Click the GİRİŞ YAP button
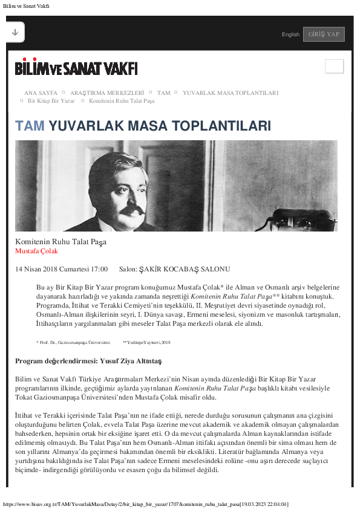click(324, 34)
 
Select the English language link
click(290, 34)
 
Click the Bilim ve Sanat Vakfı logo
click(76, 68)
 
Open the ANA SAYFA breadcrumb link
click(41, 93)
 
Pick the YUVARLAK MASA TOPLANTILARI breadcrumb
click(230, 93)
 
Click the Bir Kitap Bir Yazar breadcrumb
click(51, 101)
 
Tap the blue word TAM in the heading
click(30, 126)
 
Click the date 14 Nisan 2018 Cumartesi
click(61, 269)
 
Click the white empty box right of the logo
click(334, 66)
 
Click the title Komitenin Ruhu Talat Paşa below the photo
click(61, 242)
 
